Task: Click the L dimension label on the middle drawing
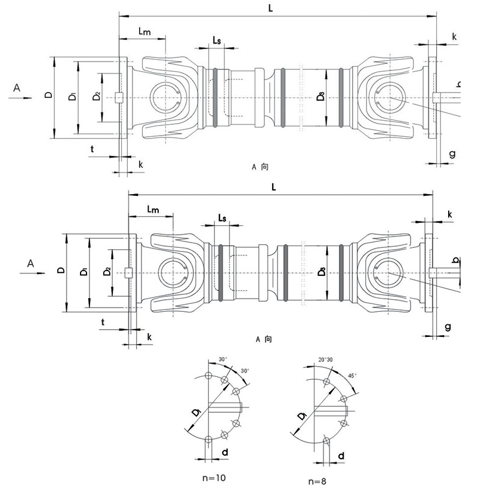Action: click(273, 186)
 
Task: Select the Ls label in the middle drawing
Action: click(222, 217)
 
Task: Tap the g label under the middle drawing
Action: click(448, 327)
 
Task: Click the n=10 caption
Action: click(213, 477)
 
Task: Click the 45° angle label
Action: click(352, 376)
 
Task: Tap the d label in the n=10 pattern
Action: click(225, 453)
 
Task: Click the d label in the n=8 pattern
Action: click(340, 456)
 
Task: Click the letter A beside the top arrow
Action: click(17, 87)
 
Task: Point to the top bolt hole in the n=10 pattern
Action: click(208, 375)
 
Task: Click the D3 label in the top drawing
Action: click(320, 96)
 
